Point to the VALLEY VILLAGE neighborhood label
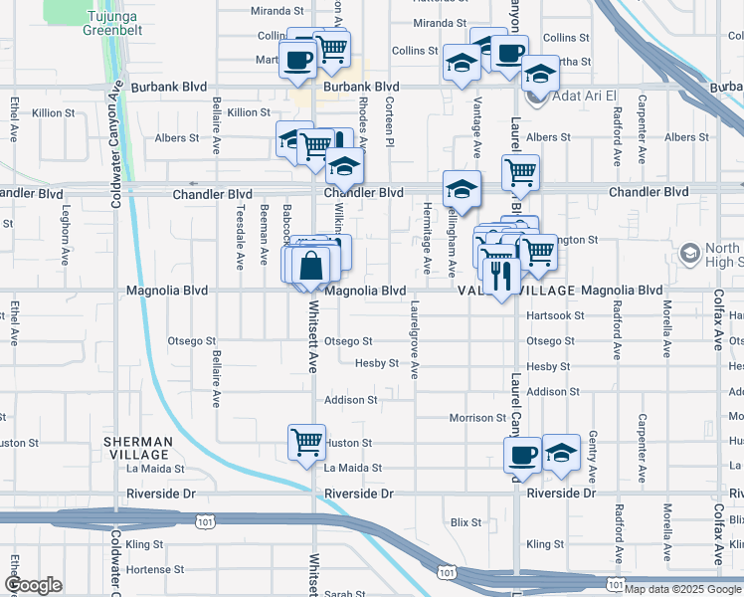coord(517,291)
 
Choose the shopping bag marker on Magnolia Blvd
coord(310,265)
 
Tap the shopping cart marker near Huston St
coord(307,441)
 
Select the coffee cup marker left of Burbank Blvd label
coord(297,59)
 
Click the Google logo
coord(33,585)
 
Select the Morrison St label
coord(477,418)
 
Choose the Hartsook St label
coord(554,315)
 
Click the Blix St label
coord(465,521)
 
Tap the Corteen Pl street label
coord(390,123)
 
